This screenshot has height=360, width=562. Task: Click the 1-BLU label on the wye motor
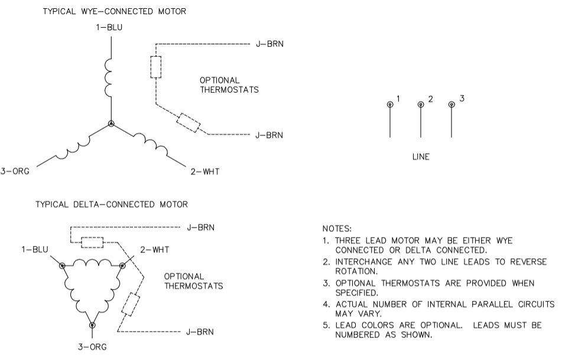(x=111, y=27)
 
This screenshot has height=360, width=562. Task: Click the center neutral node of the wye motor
(x=111, y=124)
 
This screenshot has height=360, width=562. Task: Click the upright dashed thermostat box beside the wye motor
(x=155, y=67)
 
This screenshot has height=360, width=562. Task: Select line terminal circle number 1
(x=390, y=105)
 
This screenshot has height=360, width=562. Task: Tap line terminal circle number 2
(x=421, y=105)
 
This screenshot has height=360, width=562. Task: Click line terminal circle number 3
(x=451, y=105)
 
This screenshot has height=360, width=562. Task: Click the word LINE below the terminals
(x=421, y=157)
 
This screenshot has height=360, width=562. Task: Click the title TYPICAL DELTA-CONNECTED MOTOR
(x=112, y=205)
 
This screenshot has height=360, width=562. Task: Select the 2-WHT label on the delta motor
(x=152, y=249)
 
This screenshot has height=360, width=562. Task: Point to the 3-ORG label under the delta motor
(x=92, y=347)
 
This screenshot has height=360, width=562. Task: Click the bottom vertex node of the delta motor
(x=92, y=325)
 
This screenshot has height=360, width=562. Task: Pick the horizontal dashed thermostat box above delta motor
(x=92, y=242)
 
